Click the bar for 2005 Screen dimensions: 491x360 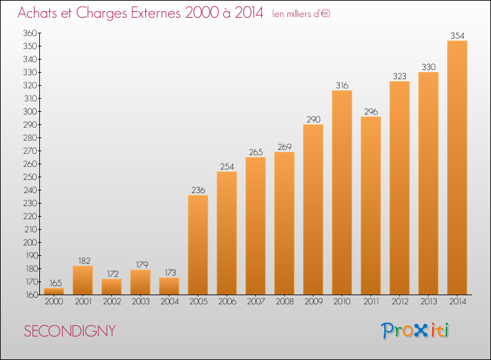[198, 245]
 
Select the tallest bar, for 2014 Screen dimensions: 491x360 [457, 168]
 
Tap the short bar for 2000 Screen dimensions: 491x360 [54, 291]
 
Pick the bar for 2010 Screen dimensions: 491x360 [342, 192]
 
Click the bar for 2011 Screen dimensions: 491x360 [371, 206]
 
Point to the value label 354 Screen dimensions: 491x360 [457, 36]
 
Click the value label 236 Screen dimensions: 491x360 [198, 190]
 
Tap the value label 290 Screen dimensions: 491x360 [313, 119]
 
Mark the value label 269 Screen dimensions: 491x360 [284, 147]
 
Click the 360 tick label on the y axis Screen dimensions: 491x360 [30, 33]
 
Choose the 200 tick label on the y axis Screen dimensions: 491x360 [30, 242]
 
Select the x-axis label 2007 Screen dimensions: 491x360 [255, 301]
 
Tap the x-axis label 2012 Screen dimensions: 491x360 [399, 301]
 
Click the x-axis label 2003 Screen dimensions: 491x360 [140, 301]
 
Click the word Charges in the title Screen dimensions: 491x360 [101, 13]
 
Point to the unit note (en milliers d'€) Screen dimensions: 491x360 [301, 14]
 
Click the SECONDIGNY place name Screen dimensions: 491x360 [69, 331]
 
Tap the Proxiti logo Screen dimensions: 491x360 [415, 331]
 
